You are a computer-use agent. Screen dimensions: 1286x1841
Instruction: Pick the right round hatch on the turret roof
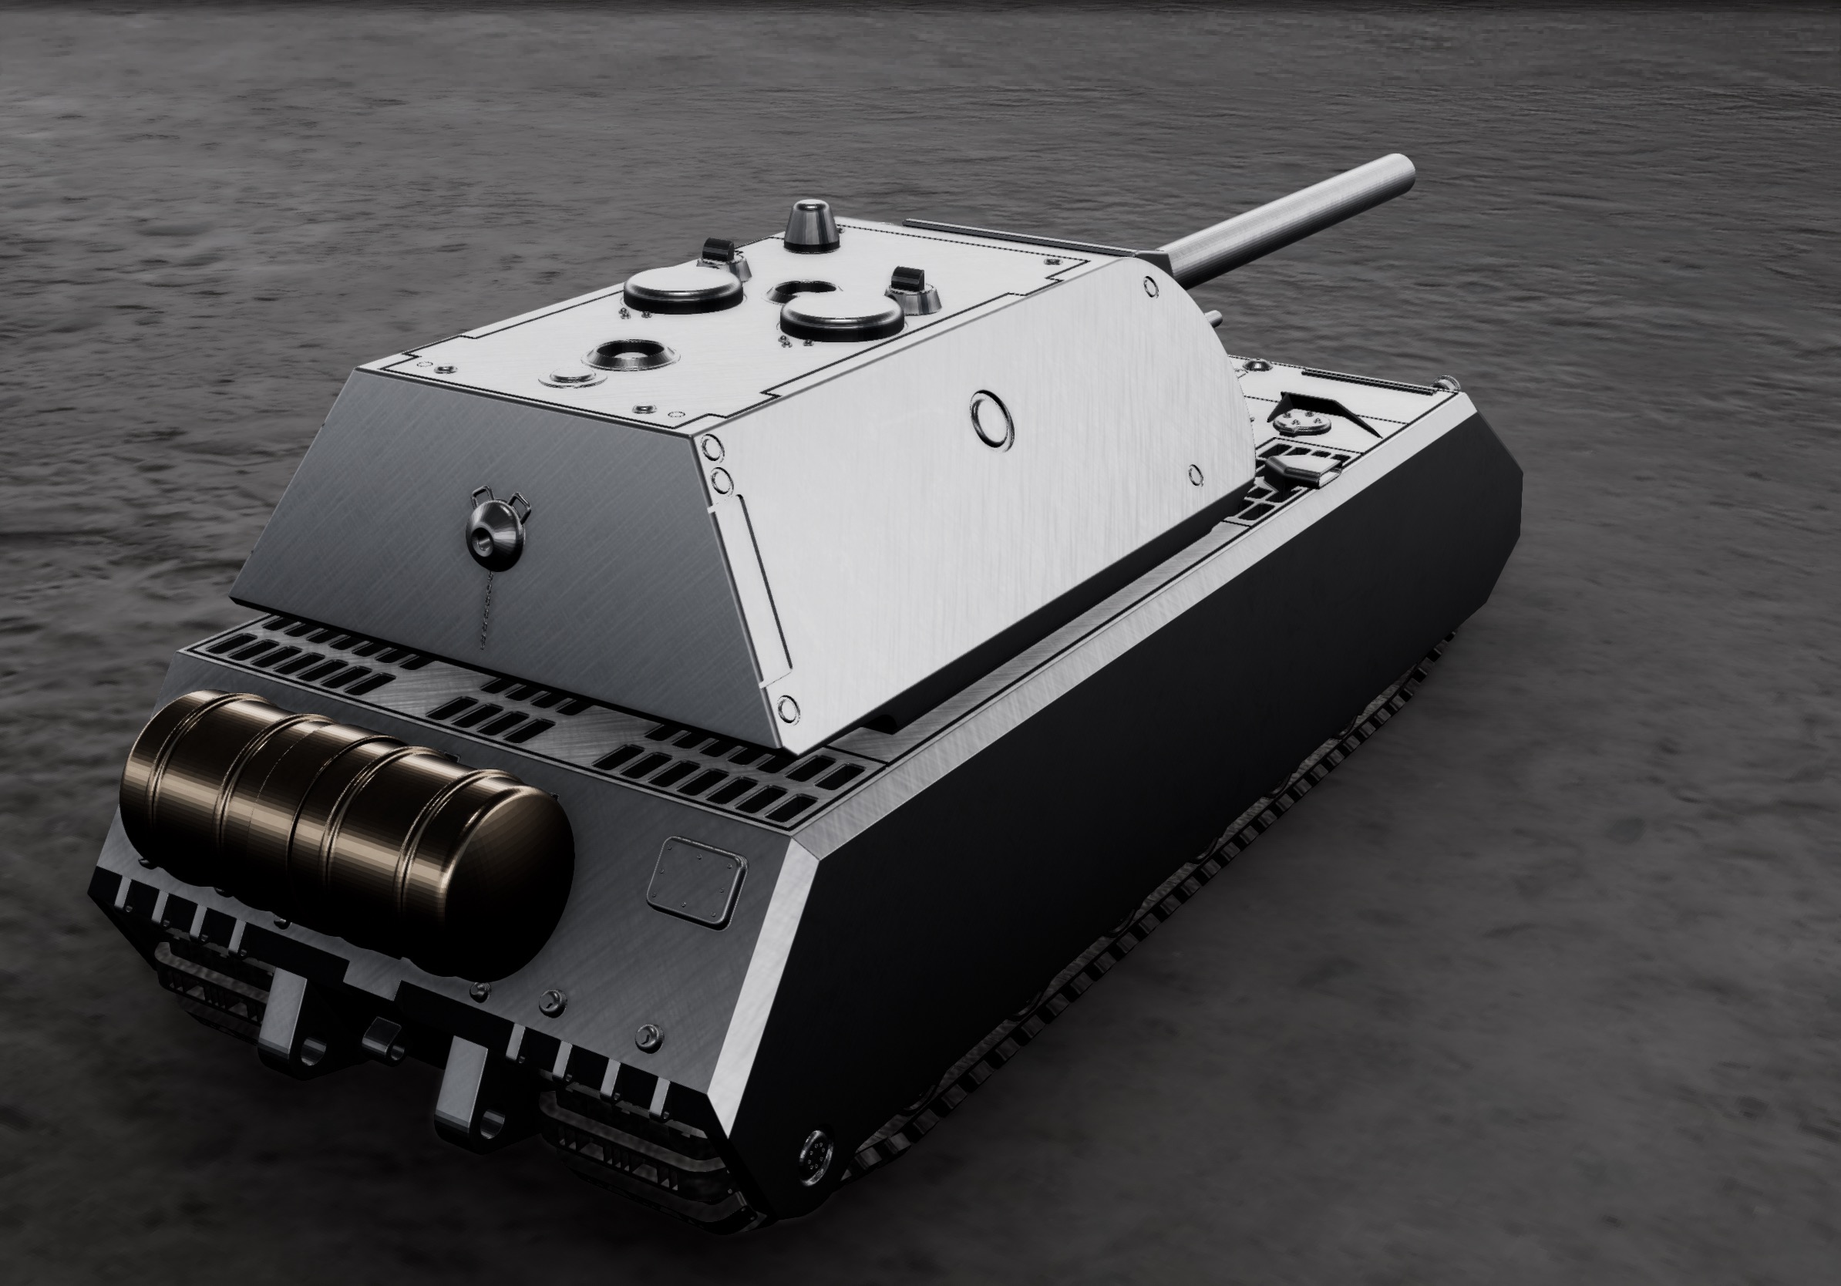pyautogui.click(x=842, y=317)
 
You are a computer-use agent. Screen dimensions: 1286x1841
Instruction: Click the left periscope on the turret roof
pyautogui.click(x=718, y=251)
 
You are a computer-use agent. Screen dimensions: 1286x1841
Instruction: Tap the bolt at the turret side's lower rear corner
pyautogui.click(x=787, y=707)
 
